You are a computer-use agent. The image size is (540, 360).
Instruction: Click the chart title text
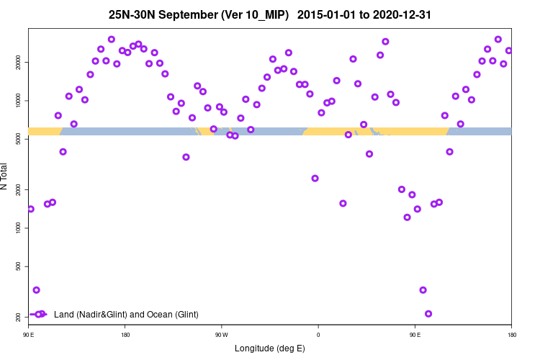(270, 14)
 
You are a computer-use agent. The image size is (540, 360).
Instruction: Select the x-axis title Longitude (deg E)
(270, 348)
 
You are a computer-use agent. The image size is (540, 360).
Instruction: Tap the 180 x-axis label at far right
(511, 335)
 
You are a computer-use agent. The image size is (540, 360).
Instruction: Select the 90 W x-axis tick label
(221, 335)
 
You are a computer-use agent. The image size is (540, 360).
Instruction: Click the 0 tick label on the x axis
(318, 335)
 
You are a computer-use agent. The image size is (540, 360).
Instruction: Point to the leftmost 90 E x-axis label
(29, 335)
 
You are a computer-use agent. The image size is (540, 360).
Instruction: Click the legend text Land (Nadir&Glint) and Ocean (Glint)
(126, 315)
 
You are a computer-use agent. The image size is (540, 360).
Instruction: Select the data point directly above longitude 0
(315, 179)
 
